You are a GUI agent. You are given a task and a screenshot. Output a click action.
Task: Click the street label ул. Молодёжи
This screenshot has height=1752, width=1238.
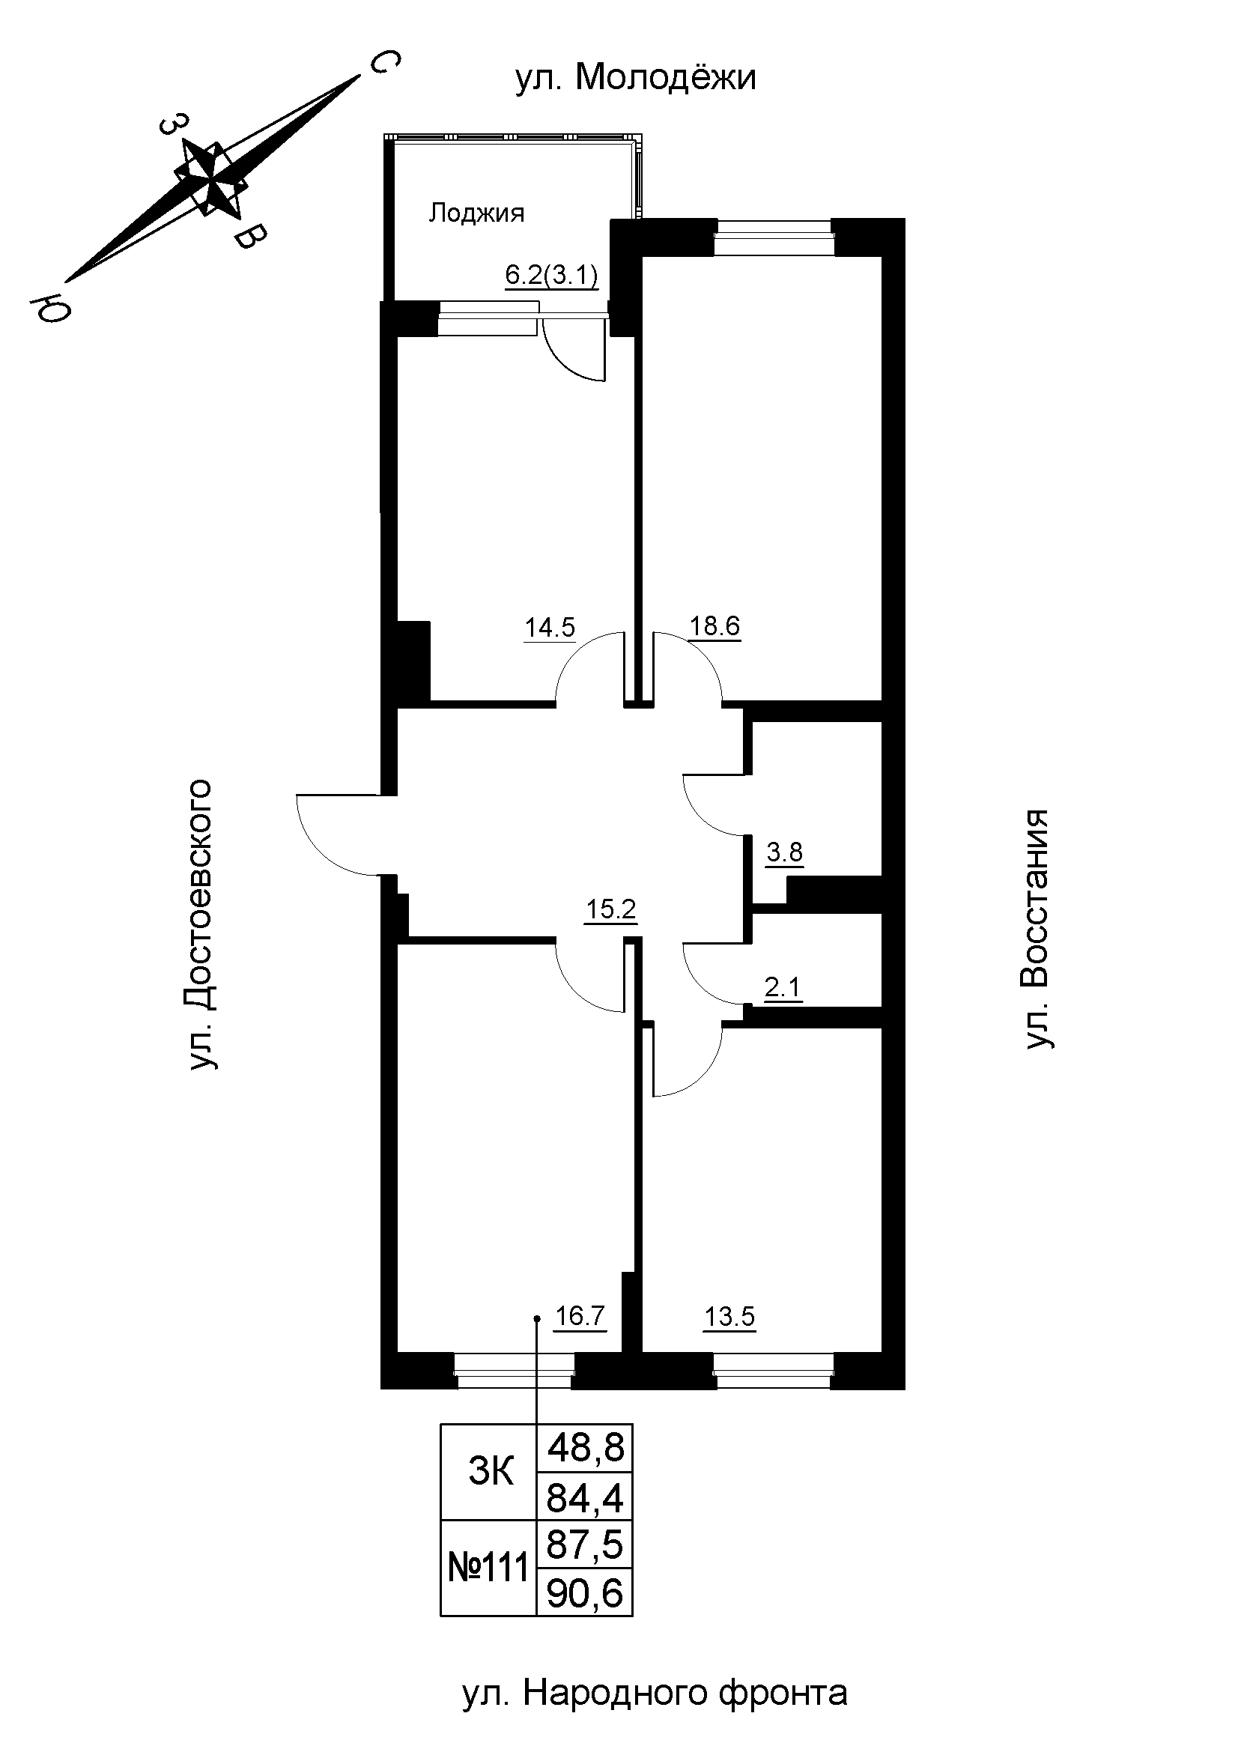[635, 78]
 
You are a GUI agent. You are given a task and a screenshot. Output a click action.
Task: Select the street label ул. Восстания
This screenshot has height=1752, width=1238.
[1037, 929]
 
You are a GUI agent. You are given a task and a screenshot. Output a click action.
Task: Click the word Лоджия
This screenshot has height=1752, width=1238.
[476, 213]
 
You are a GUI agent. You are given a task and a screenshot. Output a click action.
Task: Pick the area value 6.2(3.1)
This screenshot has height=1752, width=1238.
[551, 276]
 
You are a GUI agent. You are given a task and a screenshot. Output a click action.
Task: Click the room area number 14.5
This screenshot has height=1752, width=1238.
[549, 627]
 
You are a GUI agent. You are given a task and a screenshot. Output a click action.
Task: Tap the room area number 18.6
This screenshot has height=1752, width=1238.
[714, 626]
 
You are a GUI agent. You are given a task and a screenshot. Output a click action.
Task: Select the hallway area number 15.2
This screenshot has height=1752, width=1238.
[610, 909]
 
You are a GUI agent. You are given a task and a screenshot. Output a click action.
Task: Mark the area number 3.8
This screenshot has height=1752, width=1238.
[784, 852]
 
